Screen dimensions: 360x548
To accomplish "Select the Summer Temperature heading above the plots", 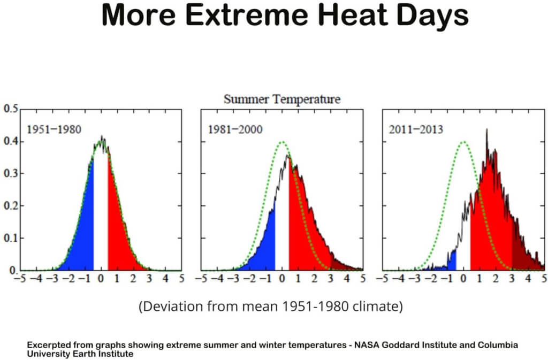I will [281, 99].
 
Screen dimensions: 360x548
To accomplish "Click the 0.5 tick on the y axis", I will [10, 109].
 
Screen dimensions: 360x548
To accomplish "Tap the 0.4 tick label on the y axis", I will [10, 142].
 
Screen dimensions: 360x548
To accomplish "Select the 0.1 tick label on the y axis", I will [10, 239].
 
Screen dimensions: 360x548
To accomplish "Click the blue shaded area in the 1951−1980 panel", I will [83, 230].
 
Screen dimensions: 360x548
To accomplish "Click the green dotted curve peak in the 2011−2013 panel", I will [463, 142].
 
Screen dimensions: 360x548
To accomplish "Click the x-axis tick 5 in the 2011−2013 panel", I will [543, 278].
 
